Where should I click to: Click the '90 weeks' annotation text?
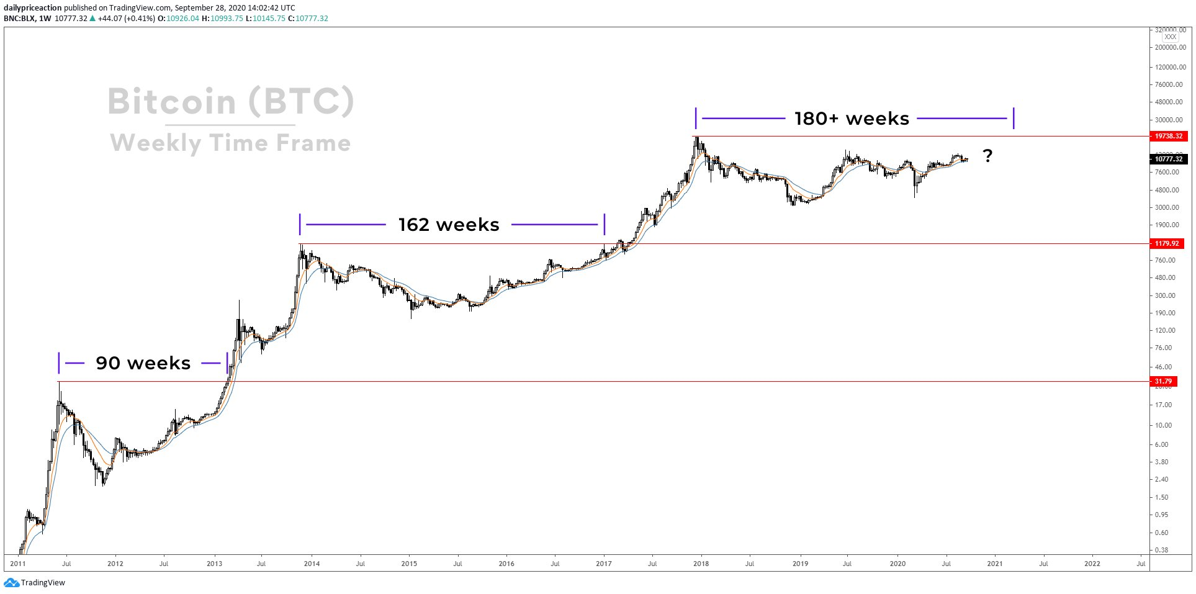coord(143,363)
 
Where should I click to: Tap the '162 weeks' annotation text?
coord(449,225)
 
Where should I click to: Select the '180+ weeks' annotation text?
coord(852,119)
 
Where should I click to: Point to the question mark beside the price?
coord(987,156)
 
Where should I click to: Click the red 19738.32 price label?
coord(1167,136)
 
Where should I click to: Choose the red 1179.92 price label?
coord(1166,243)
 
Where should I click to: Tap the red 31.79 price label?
coord(1163,381)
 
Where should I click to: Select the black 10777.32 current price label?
coord(1168,159)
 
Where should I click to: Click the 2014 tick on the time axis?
coord(312,564)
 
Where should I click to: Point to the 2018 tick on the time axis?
coord(701,564)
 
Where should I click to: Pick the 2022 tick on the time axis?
coord(1092,564)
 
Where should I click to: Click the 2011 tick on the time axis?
coord(18,564)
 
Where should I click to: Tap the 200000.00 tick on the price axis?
coord(1170,47)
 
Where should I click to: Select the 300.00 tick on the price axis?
coord(1165,295)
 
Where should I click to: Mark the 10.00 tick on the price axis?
coord(1163,425)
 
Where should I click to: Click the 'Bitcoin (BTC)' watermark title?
coord(231,101)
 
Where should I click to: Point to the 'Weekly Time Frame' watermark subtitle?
coord(231,143)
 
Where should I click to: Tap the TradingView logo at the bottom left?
coord(35,583)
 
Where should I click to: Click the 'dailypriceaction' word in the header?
coord(33,8)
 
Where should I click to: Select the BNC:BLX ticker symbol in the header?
coord(19,19)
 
